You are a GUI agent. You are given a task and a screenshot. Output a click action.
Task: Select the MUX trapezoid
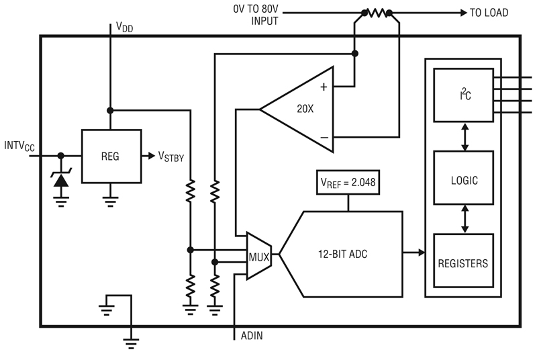click(259, 256)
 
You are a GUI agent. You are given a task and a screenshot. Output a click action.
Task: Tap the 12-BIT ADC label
click(343, 254)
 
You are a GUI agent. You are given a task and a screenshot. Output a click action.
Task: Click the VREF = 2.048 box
click(348, 182)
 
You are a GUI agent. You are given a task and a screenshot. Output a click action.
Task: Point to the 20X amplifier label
click(305, 109)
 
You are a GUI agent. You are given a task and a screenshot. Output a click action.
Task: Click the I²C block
click(463, 95)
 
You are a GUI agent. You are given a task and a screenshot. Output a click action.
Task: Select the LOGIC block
click(463, 178)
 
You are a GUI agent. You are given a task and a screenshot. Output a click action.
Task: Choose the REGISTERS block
click(463, 261)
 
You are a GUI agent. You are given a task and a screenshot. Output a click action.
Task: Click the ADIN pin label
click(252, 336)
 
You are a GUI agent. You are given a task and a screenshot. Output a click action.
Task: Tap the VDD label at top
click(124, 27)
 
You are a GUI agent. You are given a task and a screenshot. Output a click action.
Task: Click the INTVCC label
click(19, 146)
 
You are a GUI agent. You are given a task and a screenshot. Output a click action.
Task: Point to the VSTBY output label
click(171, 156)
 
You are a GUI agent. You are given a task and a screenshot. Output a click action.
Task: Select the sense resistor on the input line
click(377, 13)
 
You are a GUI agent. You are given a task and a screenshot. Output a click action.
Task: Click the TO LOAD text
click(489, 13)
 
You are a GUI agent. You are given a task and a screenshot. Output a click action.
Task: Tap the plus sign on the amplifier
click(324, 87)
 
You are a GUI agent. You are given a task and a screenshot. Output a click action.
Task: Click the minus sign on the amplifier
click(324, 138)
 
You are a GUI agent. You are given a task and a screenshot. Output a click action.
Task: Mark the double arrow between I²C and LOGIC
click(465, 136)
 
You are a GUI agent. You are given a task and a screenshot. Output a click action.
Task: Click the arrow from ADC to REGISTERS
click(413, 253)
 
